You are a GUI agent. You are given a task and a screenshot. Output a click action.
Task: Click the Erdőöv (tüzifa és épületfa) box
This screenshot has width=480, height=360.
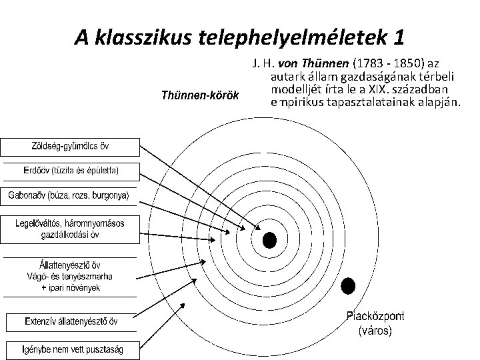click(71, 171)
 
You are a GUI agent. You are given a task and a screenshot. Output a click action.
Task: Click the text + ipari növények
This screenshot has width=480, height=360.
click(70, 287)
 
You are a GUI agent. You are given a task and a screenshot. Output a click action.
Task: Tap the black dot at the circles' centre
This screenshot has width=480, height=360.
click(269, 239)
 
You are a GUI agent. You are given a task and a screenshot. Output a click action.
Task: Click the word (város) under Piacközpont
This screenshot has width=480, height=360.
click(375, 330)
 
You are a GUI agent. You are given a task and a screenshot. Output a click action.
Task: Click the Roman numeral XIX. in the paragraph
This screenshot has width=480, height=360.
click(376, 89)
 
